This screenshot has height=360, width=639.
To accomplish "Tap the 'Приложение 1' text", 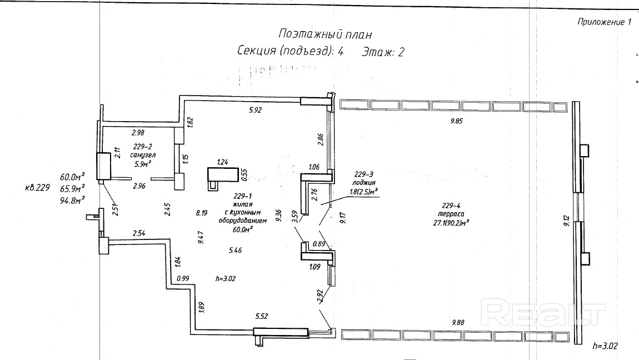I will point(605,23).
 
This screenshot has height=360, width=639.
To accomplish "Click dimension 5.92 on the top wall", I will point(255,110).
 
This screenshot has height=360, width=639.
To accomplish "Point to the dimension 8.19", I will point(201,212).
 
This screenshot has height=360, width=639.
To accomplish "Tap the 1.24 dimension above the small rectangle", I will point(223,162).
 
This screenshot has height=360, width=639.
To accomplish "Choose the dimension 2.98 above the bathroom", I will point(138,132).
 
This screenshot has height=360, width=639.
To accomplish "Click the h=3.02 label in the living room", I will point(226,278).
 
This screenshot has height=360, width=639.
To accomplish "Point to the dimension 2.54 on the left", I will point(139,233).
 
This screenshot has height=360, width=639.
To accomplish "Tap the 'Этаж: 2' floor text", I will point(383,52).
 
